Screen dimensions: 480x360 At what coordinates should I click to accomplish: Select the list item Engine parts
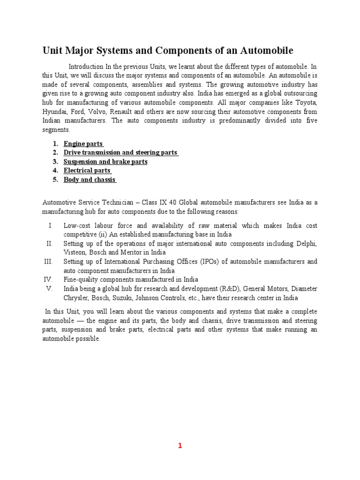[83, 144]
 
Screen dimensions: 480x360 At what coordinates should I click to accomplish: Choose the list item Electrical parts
[87, 171]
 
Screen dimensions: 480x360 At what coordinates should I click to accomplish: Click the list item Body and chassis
[90, 180]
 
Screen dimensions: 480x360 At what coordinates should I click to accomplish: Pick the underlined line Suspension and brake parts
[105, 162]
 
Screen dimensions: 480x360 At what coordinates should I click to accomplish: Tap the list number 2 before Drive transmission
[55, 153]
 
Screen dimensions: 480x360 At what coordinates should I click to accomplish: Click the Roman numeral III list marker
[49, 262]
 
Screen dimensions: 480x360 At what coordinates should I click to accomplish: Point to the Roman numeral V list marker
[49, 289]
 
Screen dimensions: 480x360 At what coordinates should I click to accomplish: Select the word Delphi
[306, 244]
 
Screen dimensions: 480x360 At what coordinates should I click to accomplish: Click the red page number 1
[180, 446]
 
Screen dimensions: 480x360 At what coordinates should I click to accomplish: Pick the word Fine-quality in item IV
[81, 280]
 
